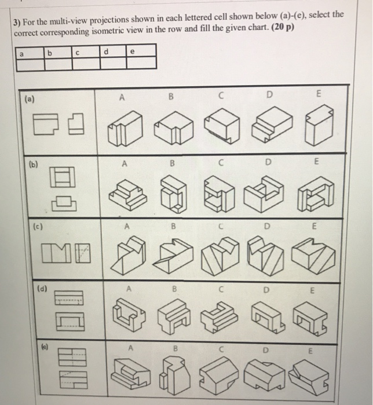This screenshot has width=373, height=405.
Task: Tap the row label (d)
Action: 28,286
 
